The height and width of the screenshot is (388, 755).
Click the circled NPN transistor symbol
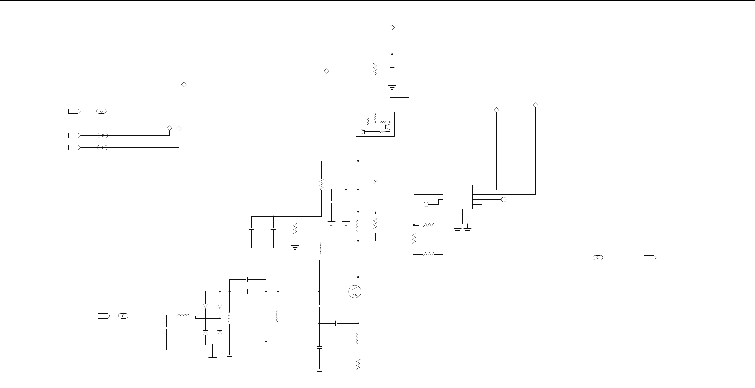354,292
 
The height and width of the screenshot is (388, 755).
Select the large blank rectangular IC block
458,197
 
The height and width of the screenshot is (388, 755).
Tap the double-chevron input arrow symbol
376,182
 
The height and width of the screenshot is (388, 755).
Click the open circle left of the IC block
426,204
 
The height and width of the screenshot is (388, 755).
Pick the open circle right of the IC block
503,200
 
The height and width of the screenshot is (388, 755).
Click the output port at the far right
650,258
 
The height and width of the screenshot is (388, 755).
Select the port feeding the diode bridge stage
104,316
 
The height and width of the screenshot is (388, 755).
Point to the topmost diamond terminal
392,27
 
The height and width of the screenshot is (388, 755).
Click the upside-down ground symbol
409,86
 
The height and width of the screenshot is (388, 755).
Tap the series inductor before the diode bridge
183,316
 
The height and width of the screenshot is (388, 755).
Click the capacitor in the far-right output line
499,258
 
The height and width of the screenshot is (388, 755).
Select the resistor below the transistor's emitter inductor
358,365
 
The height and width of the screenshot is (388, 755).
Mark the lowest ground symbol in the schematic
358,385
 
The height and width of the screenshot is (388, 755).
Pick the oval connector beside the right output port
598,258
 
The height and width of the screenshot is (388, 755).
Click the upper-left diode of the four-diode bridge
205,306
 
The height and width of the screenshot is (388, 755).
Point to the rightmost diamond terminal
535,105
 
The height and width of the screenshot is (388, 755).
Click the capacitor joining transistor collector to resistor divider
397,277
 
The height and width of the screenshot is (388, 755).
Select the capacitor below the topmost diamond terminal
392,69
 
